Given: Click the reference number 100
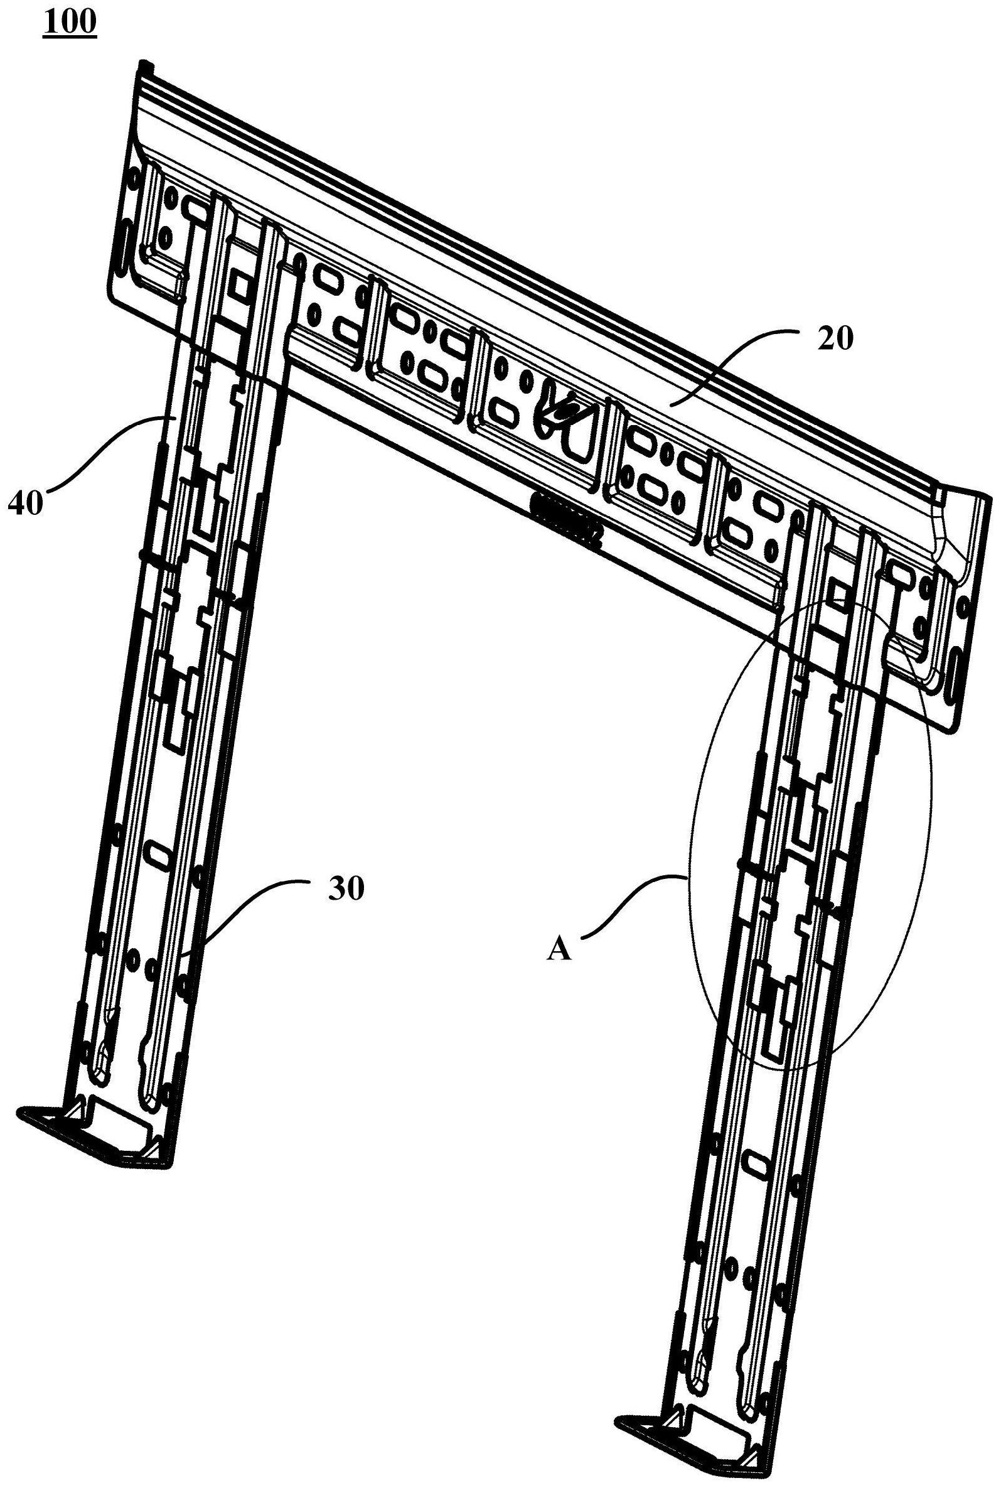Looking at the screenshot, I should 70,23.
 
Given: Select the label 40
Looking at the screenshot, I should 26,504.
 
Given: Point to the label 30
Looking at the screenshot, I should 346,889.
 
